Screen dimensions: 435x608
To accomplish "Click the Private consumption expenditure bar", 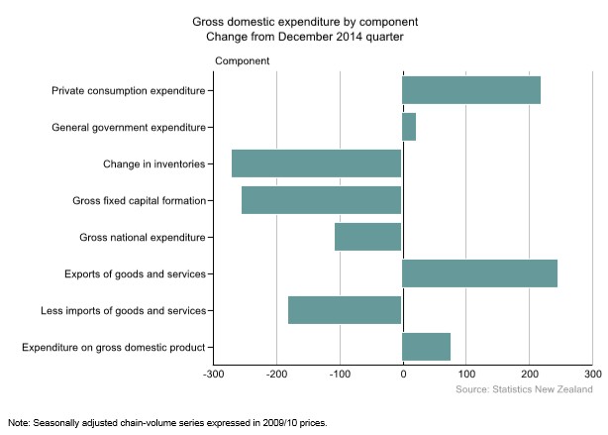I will (471, 90).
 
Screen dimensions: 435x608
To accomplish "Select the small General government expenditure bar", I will (409, 127).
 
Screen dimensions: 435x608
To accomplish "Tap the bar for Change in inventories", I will (317, 163).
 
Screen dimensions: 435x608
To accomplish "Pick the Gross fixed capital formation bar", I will (322, 200).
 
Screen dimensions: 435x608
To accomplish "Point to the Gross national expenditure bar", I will (368, 237).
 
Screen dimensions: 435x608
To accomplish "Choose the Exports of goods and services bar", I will (480, 273).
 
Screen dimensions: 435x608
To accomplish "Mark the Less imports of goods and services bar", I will (345, 310).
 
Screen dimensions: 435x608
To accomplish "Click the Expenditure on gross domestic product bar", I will (427, 347).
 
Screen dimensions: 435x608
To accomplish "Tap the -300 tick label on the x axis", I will (213, 376).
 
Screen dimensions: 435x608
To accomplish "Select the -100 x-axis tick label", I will (340, 376).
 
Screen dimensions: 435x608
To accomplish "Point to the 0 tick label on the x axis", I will (403, 376).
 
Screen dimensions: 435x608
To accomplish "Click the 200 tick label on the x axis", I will (530, 376).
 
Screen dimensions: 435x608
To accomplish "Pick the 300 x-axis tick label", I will (592, 376).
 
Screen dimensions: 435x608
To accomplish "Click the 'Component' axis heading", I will (243, 61).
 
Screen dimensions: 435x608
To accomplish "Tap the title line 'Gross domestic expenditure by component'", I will (304, 21).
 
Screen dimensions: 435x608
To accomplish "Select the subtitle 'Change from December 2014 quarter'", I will (304, 37).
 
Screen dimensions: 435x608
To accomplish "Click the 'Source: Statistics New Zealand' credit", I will (524, 390).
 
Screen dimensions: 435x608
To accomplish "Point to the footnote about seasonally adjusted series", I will (166, 422).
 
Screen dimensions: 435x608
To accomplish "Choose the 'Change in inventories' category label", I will (153, 163).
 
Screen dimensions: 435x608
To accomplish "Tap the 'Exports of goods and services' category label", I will (142, 273).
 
